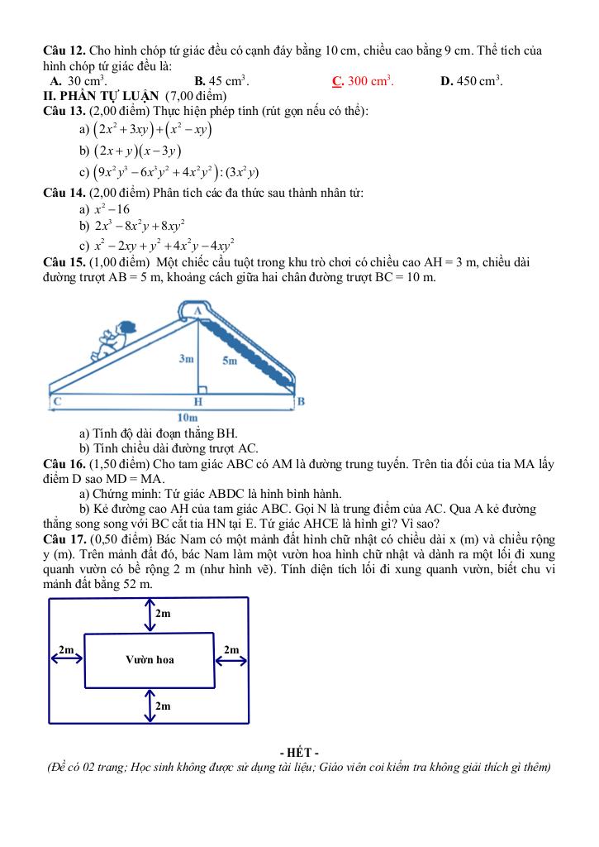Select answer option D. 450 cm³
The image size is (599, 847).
(472, 81)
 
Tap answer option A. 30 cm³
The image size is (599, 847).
(78, 81)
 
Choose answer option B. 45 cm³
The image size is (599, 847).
(221, 81)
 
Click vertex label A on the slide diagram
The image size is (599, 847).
(198, 310)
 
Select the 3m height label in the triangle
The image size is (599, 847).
(186, 359)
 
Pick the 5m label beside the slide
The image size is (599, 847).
(229, 360)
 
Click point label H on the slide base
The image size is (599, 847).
(198, 401)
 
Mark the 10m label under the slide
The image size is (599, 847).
(188, 418)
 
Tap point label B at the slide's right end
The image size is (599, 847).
(301, 402)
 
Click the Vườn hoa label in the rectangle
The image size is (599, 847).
(150, 659)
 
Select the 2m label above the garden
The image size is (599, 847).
(163, 613)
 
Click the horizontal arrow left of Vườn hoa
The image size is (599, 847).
(68, 659)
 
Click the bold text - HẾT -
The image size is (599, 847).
(299, 752)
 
